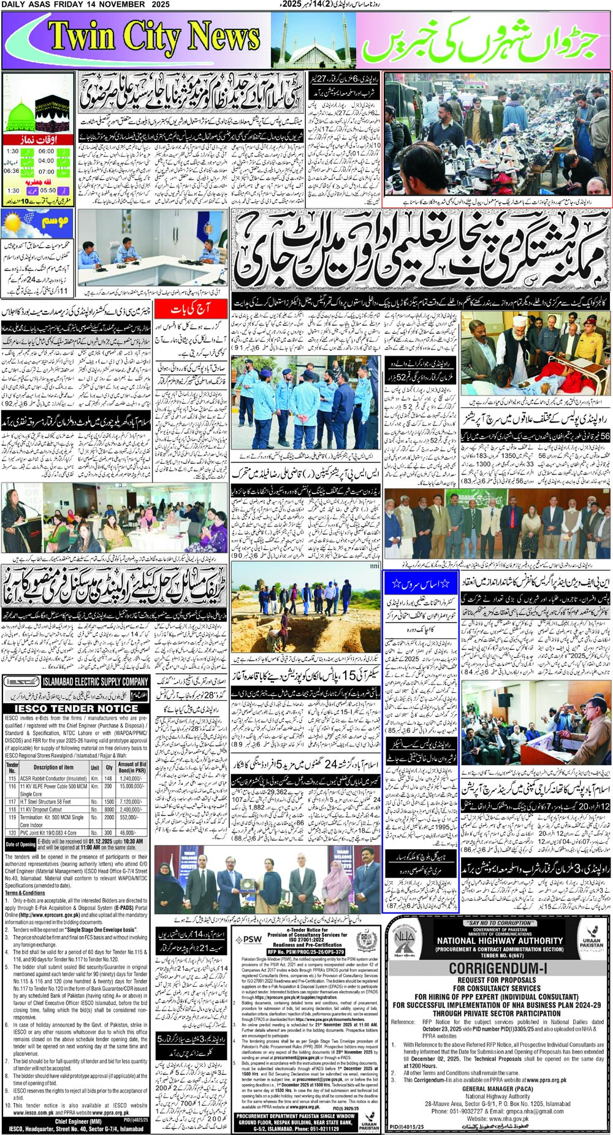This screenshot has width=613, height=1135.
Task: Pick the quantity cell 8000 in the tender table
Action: pyautogui.click(x=109, y=809)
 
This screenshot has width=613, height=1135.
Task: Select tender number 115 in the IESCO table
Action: pyautogui.click(x=12, y=778)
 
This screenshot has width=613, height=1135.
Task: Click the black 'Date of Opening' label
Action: pyautogui.click(x=20, y=844)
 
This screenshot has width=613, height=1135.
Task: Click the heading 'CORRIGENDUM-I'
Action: pyautogui.click(x=498, y=969)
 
